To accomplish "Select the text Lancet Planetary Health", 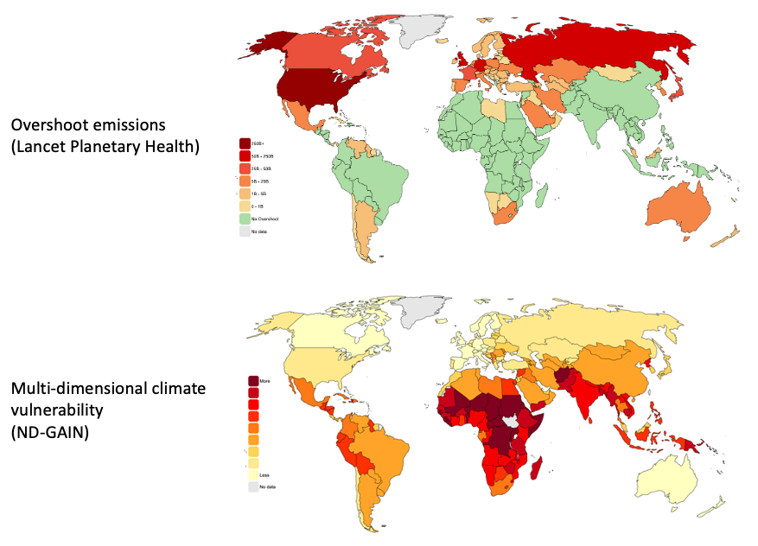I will [x=106, y=147].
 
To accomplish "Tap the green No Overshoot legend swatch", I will [x=245, y=219].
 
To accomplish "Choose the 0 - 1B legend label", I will [x=259, y=206].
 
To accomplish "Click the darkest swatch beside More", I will [x=253, y=381].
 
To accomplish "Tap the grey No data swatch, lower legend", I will [x=253, y=487].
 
